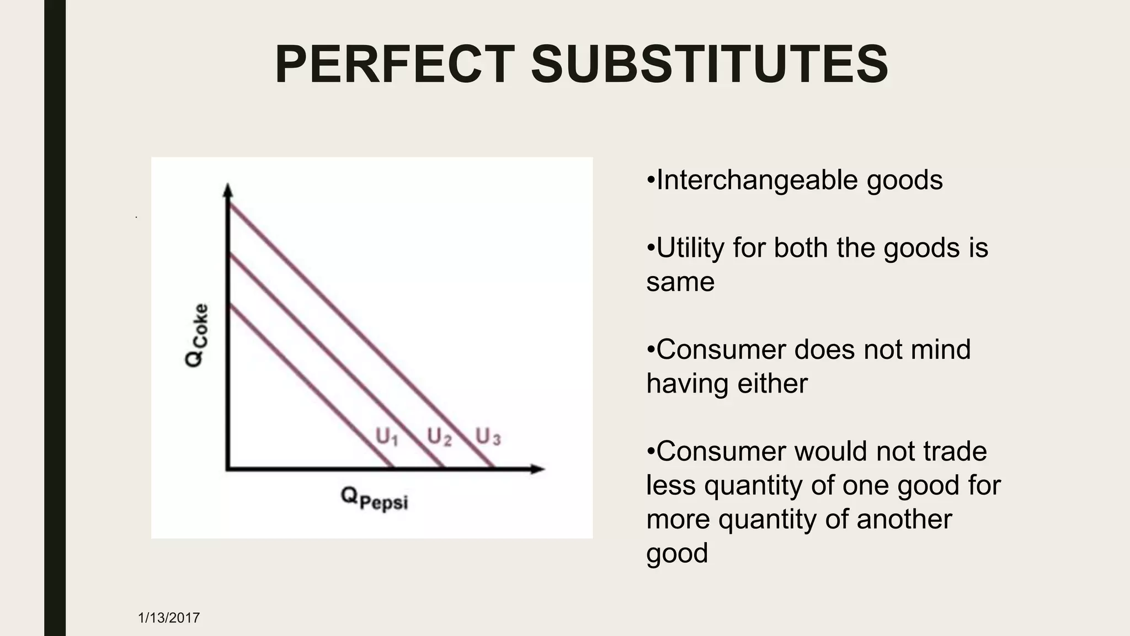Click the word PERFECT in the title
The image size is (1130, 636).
pos(395,65)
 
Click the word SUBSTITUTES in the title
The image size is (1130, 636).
pos(709,65)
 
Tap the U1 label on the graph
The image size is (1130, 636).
pos(387,437)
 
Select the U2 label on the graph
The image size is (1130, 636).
pos(439,437)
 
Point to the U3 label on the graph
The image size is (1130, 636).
pos(488,437)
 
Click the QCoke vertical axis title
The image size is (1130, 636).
pos(197,335)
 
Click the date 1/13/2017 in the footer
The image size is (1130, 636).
pos(169,618)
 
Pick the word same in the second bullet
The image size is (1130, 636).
pos(680,282)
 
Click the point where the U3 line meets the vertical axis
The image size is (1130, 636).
pos(228,204)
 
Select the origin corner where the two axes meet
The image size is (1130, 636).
pos(228,469)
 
